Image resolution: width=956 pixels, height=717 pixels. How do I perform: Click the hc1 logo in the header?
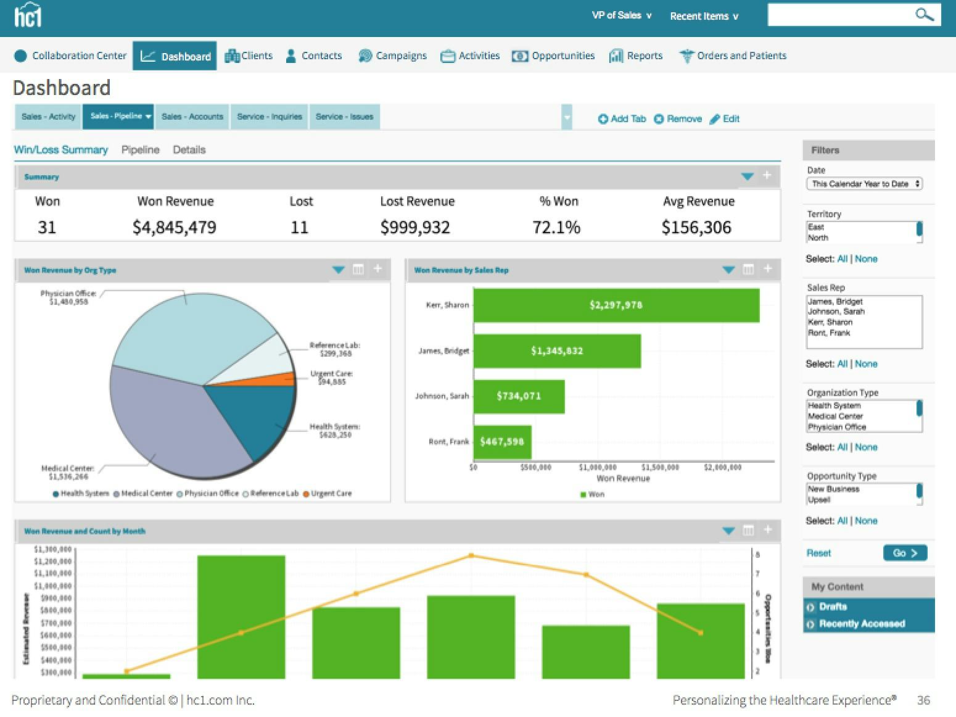tap(28, 15)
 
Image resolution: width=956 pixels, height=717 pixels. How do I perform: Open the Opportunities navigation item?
tap(553, 56)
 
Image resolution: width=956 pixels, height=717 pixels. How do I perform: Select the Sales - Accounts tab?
tap(192, 117)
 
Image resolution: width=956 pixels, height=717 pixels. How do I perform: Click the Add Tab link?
tap(622, 119)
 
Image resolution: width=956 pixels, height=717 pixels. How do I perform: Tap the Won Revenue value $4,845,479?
tap(175, 228)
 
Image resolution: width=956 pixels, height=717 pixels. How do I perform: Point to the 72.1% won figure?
tap(556, 228)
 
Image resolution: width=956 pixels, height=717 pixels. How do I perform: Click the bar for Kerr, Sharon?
tap(616, 305)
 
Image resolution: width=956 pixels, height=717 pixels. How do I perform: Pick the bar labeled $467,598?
tap(502, 442)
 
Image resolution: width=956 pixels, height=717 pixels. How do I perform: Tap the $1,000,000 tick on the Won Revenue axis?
tap(598, 468)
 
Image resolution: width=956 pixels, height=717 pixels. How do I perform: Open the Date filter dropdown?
tap(864, 184)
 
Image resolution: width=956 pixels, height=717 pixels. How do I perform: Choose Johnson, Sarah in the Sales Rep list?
tap(836, 312)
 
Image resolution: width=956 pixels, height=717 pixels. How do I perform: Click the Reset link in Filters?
tap(818, 553)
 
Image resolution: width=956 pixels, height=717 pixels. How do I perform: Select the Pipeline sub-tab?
tap(140, 150)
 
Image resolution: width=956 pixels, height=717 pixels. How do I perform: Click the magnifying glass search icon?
tap(923, 15)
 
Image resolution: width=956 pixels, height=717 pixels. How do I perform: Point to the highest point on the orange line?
tap(471, 555)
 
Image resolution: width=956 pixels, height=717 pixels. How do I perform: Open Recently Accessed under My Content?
tap(861, 624)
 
